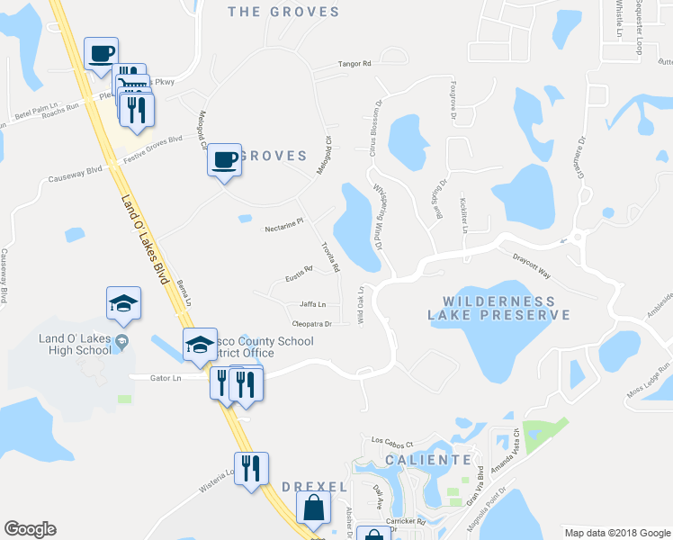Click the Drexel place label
pos(314,486)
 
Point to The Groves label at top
pos(283,12)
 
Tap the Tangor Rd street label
pos(354,64)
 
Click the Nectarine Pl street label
pos(285,229)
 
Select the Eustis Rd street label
pos(298,270)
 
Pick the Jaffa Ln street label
pos(312,304)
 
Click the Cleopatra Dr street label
pos(312,323)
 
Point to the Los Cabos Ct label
pos(391,443)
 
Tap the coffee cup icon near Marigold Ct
pos(224,160)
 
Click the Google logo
pos(30,529)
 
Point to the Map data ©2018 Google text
pos(616,532)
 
